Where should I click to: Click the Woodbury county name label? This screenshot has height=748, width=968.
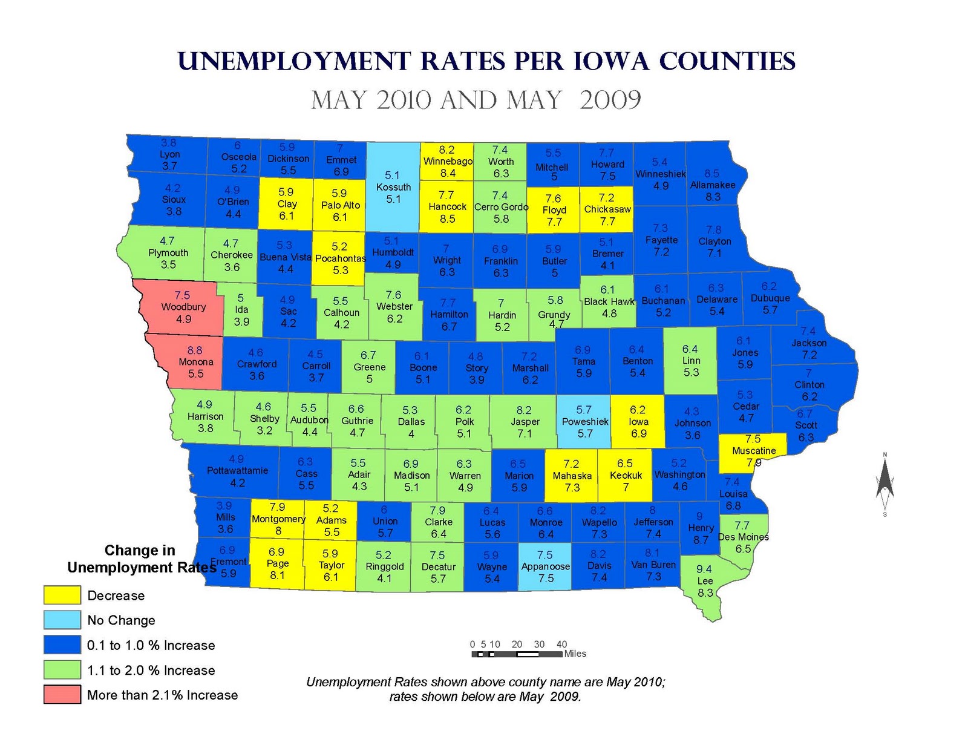[x=183, y=307]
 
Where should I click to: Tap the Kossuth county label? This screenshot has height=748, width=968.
[x=393, y=187]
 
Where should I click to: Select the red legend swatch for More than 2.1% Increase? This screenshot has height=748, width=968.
[x=62, y=694]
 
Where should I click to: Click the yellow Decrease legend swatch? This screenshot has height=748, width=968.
[x=62, y=595]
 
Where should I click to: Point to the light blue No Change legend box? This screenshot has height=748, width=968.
[x=62, y=620]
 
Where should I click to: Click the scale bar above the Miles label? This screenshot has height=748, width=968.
[x=517, y=654]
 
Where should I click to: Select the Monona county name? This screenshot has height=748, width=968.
[x=196, y=362]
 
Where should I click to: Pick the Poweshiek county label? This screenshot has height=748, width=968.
[x=585, y=422]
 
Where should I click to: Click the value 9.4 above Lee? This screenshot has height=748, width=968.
[x=704, y=569]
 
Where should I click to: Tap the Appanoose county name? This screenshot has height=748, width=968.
[x=546, y=566]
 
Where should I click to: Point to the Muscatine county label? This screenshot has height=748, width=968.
[x=754, y=451]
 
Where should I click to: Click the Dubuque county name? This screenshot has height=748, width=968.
[x=770, y=298]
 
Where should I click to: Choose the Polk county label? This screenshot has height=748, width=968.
[x=465, y=421]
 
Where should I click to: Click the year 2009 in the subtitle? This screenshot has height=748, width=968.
[x=610, y=100]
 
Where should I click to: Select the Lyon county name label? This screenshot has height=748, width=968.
[x=170, y=154]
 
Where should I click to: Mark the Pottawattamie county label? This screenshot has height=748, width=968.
[x=237, y=470]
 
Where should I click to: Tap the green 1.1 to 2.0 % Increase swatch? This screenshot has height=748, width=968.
[x=62, y=669]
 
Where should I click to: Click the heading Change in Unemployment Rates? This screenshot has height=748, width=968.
[x=141, y=559]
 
